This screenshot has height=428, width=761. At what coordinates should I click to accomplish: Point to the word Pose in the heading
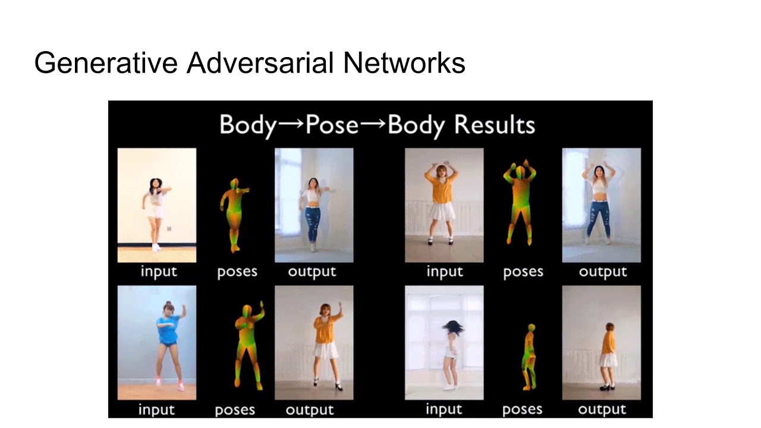click(332, 125)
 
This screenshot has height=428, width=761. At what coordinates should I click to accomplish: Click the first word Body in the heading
click(248, 125)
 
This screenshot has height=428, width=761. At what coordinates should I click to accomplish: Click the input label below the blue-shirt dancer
click(156, 410)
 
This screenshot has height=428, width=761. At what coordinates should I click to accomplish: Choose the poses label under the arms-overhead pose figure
click(523, 272)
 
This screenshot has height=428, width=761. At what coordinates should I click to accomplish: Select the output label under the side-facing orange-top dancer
click(602, 410)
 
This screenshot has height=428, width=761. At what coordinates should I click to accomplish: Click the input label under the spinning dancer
click(444, 410)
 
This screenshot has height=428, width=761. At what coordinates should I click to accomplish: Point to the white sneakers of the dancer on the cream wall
click(156, 247)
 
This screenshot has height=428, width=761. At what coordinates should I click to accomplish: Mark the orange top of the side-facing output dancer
click(609, 342)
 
